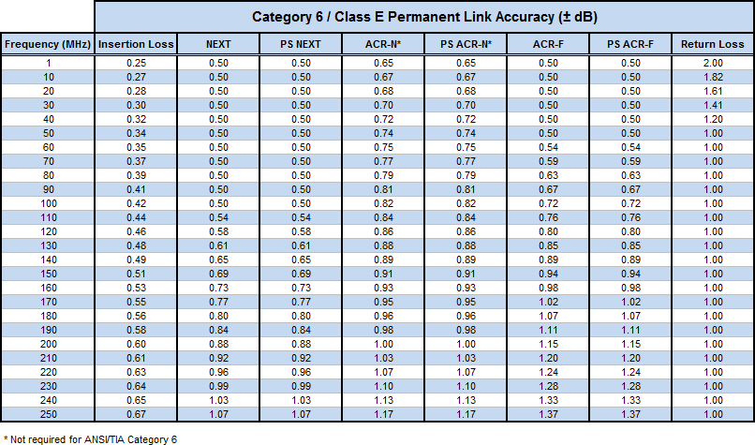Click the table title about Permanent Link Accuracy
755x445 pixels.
[424, 17]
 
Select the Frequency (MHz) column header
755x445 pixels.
[48, 44]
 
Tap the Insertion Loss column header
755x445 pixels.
[136, 44]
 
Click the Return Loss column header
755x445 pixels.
[713, 44]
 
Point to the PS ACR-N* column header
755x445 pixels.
[466, 44]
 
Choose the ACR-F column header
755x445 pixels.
[548, 44]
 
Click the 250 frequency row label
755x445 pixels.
[48, 414]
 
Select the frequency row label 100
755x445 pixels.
[48, 203]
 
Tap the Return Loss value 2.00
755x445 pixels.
[713, 63]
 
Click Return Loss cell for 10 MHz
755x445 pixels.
[713, 77]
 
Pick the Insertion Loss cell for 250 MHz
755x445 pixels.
[136, 414]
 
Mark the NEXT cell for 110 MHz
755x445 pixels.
[218, 217]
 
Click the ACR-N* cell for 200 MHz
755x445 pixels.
[383, 344]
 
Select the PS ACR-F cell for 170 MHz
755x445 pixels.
[630, 302]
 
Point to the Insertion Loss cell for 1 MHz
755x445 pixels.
[136, 63]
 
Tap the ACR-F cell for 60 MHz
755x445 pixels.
[548, 147]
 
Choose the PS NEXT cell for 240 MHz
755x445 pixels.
[301, 400]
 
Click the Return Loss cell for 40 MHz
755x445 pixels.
[713, 119]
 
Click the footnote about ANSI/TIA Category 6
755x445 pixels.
[90, 439]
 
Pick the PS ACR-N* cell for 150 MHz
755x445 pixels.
[466, 274]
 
